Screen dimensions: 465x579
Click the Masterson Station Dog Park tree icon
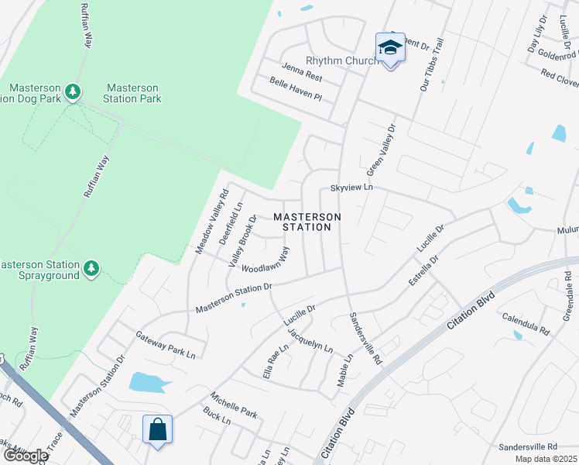(73, 92)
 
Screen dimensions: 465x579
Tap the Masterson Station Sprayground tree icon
(91, 268)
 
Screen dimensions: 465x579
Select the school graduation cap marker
(390, 48)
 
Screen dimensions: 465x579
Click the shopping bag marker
(157, 429)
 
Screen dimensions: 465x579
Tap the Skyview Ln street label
(351, 188)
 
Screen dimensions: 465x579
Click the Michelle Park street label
(232, 403)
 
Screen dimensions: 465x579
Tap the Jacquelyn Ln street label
(310, 340)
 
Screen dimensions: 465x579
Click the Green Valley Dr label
(380, 151)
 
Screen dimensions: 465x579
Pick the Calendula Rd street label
(525, 318)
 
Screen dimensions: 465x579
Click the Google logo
(25, 456)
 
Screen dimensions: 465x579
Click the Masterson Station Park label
(132, 93)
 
